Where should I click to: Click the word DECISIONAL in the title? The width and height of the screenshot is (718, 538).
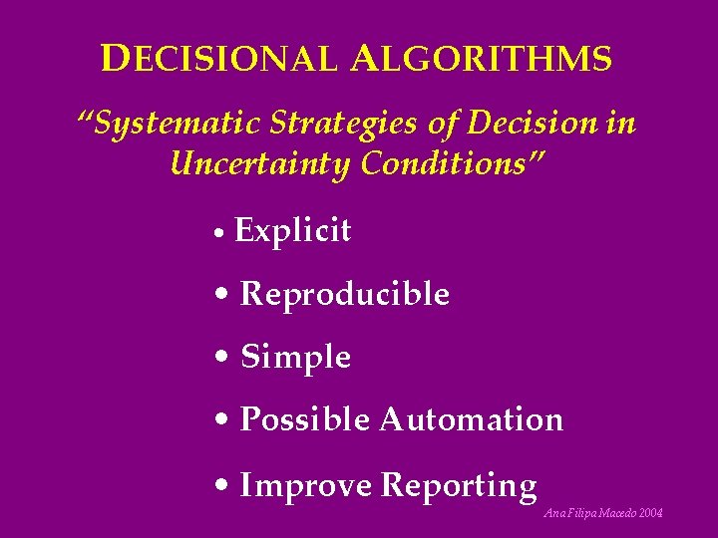click(x=219, y=60)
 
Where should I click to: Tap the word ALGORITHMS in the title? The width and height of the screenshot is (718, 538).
click(x=482, y=60)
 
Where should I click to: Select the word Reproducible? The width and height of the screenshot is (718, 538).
click(x=345, y=295)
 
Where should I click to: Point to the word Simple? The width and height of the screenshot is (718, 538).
click(x=295, y=357)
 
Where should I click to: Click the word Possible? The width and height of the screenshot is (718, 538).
click(x=304, y=419)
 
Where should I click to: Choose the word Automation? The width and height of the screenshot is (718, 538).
click(x=471, y=419)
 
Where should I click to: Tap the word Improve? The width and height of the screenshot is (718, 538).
click(x=306, y=486)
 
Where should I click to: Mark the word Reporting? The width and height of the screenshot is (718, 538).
click(x=459, y=486)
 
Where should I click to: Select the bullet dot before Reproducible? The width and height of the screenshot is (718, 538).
click(x=222, y=296)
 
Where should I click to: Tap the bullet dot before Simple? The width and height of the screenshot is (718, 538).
click(x=222, y=358)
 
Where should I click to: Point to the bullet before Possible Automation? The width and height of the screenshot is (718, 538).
click(x=222, y=420)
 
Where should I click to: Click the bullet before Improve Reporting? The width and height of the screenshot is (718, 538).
click(x=222, y=486)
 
